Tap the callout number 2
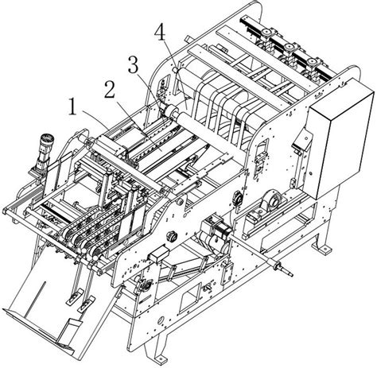[x=110, y=90]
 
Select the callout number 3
[x=134, y=65]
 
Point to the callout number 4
[x=161, y=33]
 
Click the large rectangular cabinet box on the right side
[x=341, y=138]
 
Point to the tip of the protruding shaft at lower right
[x=292, y=275]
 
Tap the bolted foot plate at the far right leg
[x=321, y=247]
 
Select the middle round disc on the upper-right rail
[x=288, y=47]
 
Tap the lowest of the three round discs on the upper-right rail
[x=312, y=61]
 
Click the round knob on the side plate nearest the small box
[x=172, y=235]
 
